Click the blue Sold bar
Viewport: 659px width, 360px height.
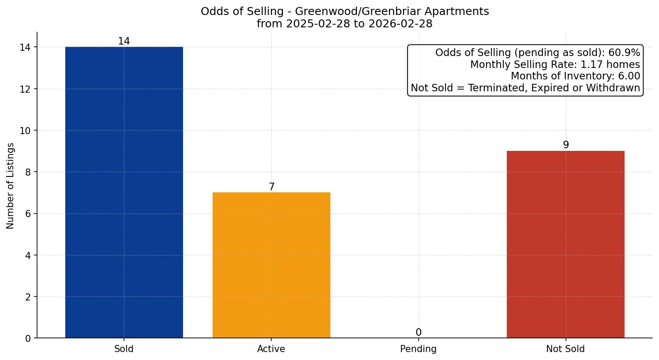tap(124, 192)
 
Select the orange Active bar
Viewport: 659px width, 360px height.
tap(271, 265)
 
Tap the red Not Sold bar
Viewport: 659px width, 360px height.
tap(565, 244)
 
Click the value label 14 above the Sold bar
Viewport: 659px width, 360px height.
tap(124, 41)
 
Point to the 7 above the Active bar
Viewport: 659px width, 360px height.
tap(272, 187)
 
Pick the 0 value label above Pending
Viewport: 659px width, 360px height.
tap(419, 333)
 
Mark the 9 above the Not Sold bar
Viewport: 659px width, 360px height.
tap(566, 145)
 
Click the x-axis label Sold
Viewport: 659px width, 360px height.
tap(124, 349)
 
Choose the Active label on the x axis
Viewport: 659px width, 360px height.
tap(271, 349)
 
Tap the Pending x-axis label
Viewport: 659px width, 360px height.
tap(418, 349)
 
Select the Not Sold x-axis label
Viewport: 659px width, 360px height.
tap(565, 349)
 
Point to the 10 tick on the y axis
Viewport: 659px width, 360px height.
tap(26, 131)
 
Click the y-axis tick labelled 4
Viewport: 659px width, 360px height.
tap(28, 255)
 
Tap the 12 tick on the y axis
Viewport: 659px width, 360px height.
tap(26, 89)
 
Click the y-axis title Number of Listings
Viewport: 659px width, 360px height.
tap(11, 186)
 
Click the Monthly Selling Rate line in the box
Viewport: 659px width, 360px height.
tap(555, 65)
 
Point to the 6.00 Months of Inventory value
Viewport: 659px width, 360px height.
tap(629, 76)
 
